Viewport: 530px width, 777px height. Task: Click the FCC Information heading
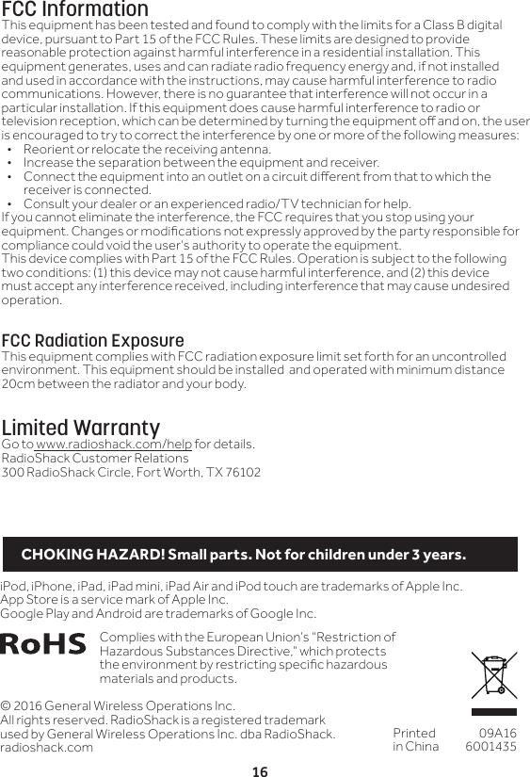click(x=74, y=9)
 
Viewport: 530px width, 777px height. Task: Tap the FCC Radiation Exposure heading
click(x=93, y=340)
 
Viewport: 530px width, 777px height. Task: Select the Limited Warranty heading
click(x=81, y=429)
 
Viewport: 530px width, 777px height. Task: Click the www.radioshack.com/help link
click(x=113, y=445)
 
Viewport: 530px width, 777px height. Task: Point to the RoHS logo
click(x=44, y=644)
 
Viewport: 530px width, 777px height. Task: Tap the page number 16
click(x=260, y=771)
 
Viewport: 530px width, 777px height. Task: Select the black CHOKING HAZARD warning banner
click(x=260, y=554)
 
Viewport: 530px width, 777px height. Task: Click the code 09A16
click(x=497, y=733)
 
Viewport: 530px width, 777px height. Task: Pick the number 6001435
click(x=491, y=746)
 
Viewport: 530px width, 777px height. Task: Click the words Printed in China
click(x=415, y=739)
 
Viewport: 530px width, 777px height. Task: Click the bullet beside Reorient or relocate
click(x=9, y=150)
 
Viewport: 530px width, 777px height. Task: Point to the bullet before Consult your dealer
click(x=9, y=203)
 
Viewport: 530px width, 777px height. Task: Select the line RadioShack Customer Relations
click(x=96, y=458)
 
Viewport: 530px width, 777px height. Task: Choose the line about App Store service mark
click(x=114, y=600)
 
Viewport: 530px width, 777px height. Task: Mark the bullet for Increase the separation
click(x=9, y=163)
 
